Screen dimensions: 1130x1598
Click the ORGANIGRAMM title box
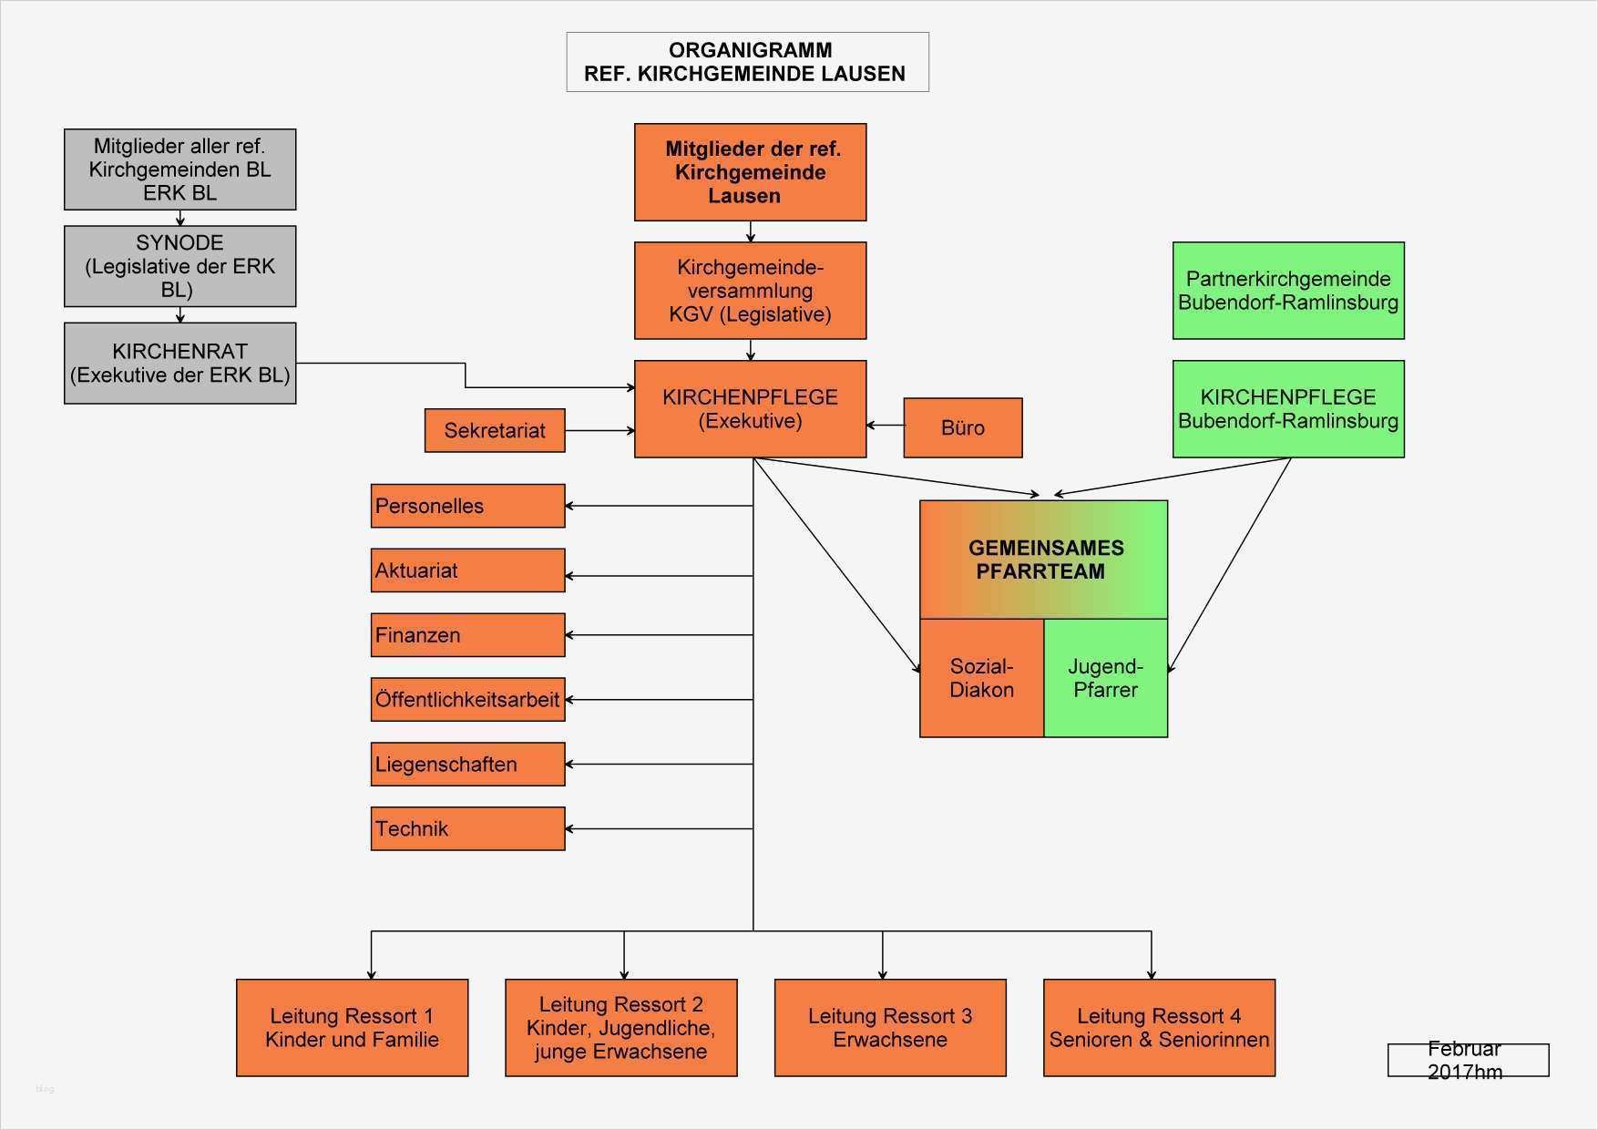click(747, 62)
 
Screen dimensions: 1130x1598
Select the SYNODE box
click(179, 266)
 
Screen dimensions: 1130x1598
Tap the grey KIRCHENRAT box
click(179, 363)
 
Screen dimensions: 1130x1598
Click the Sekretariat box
click(495, 430)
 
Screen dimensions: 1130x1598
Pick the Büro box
click(962, 427)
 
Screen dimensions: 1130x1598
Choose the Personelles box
click(467, 506)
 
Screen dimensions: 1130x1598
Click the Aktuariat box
click(467, 570)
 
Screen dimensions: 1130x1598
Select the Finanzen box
click(467, 635)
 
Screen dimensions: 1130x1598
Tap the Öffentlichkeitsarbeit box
click(467, 700)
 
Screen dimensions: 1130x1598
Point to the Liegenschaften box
click(467, 765)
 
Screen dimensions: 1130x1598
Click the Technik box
click(467, 829)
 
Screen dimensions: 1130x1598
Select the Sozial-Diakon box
click(981, 678)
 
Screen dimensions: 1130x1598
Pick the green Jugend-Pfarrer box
click(1105, 678)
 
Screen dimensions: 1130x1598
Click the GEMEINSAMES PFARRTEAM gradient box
click(1043, 560)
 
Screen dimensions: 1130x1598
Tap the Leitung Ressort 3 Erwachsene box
click(890, 1028)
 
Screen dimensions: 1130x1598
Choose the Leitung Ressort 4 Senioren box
click(1159, 1028)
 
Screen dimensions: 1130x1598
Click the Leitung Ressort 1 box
click(352, 1028)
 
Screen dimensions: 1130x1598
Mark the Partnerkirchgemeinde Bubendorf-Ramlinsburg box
click(1287, 291)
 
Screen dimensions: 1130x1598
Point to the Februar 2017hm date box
click(1467, 1060)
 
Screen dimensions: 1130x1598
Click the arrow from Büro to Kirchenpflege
click(885, 426)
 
